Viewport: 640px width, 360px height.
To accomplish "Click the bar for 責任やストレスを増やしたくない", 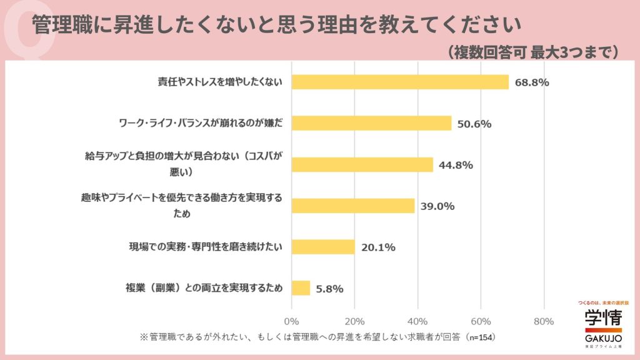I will tap(400, 82).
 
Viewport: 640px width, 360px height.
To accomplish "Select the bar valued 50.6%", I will tap(371, 123).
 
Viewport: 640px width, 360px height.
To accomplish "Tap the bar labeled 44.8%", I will tap(362, 164).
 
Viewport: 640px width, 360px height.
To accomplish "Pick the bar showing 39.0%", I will tap(353, 206).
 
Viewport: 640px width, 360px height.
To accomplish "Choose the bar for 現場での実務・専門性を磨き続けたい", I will tap(323, 246).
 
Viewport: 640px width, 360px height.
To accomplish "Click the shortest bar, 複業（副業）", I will tap(301, 287).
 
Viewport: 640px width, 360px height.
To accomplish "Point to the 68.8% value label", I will tap(532, 82).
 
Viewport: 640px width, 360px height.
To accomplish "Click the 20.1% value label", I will tap(378, 247).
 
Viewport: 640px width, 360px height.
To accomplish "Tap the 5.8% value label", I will tap(329, 288).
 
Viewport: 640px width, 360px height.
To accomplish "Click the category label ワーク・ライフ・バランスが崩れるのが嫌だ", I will tap(201, 123).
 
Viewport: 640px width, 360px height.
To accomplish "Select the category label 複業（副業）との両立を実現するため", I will tap(205, 288).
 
